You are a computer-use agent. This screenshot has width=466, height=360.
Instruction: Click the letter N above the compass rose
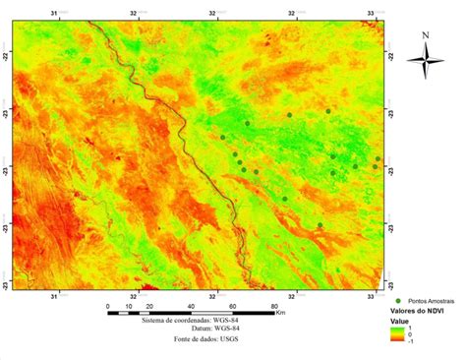[425, 36]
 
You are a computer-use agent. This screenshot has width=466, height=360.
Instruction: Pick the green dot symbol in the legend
[398, 299]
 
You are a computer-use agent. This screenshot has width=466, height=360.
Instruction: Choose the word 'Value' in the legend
[402, 321]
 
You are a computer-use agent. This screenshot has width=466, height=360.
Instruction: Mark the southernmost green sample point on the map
[320, 225]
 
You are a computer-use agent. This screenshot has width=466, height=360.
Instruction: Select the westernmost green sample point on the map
[223, 138]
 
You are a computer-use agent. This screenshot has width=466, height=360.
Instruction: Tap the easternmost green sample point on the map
[379, 157]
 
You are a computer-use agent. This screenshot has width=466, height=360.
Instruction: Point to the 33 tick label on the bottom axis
[379, 294]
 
